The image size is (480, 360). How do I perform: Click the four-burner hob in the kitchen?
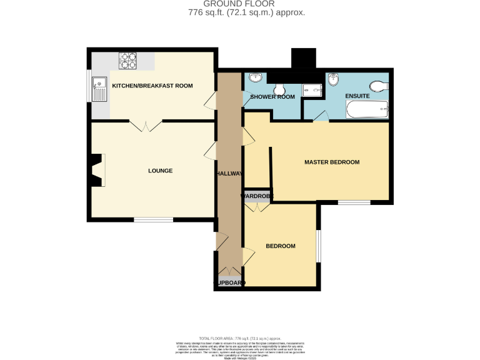pos(128,60)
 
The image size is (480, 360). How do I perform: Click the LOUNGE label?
pos(160,171)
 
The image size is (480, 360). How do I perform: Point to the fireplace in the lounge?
pos(97,170)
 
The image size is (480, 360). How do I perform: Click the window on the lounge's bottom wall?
pos(153,219)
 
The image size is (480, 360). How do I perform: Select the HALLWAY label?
pos(229,173)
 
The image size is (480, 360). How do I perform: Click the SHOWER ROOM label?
pos(272,97)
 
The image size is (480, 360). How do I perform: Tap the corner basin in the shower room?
pos(255,78)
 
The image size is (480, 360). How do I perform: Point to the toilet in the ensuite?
pos(379,86)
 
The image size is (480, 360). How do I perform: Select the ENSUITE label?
pos(357,97)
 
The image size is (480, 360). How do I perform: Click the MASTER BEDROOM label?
pos(332,162)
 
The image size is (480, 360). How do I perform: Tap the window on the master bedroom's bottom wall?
pos(354,202)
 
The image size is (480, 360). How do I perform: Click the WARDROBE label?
pos(257,196)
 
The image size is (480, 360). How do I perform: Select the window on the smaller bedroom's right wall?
pos(318,246)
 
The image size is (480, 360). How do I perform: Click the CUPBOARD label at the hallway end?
pos(229,283)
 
